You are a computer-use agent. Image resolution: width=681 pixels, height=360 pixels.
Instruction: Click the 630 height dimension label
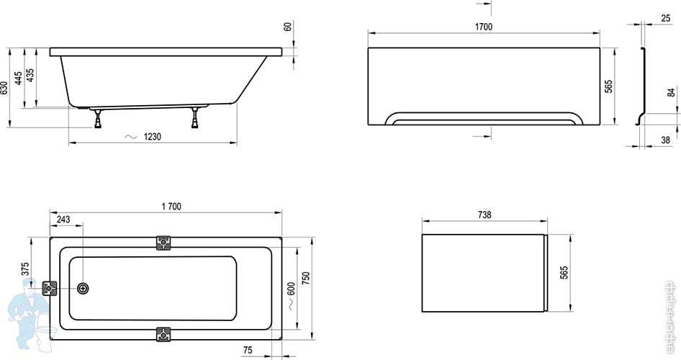(x=5, y=88)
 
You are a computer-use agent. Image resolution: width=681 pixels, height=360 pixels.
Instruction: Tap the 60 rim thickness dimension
(x=288, y=27)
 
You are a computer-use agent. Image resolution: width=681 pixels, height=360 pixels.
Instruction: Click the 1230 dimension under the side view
(x=150, y=137)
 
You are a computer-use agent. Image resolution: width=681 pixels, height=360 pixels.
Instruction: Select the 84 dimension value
(x=671, y=92)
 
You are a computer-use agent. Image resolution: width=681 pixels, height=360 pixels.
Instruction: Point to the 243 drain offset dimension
(x=63, y=219)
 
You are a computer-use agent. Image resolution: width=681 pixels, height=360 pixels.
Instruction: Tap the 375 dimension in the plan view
(x=25, y=269)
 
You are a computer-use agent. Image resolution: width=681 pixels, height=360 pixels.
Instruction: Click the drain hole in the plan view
(x=83, y=288)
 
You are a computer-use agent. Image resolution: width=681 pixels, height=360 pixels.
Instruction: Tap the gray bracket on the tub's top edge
(x=165, y=243)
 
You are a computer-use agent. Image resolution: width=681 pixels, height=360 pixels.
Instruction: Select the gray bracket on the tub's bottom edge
(x=165, y=334)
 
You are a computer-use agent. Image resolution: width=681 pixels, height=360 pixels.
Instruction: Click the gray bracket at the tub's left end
(x=50, y=288)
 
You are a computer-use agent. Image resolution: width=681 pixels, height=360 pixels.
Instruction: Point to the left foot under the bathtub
(x=98, y=118)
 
